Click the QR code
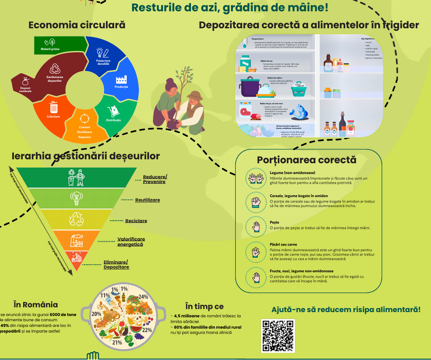tap(278, 336)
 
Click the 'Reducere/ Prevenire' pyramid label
tap(155, 179)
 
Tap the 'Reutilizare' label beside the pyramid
tap(147, 200)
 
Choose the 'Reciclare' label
tap(136, 221)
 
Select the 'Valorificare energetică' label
tap(131, 242)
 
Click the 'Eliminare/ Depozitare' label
tap(116, 264)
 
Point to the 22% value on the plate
tap(147, 330)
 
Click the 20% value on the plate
tap(96, 314)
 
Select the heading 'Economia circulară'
tap(77, 25)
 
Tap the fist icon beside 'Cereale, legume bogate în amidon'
tap(255, 201)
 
